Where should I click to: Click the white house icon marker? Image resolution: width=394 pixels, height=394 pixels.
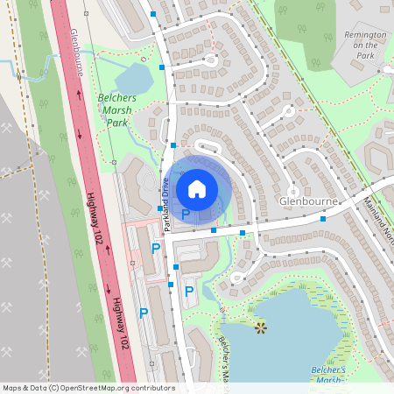click(197, 188)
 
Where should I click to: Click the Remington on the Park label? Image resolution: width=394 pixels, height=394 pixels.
click(360, 45)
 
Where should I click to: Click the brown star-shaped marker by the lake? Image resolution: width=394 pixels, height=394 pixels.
click(260, 327)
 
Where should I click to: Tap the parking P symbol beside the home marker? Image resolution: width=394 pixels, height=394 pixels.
click(186, 214)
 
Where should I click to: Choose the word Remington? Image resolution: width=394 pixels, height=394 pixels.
click(360, 34)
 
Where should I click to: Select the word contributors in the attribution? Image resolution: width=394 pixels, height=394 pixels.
click(152, 388)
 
